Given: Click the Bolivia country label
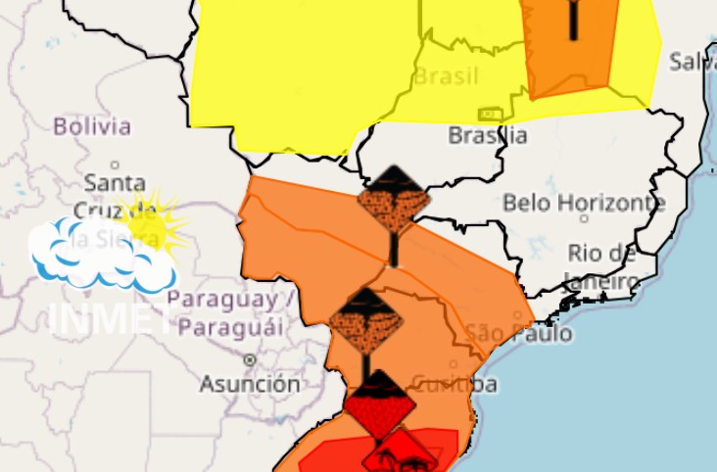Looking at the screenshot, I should point(92,126).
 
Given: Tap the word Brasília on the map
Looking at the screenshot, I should point(488,135).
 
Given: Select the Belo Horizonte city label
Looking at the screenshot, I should point(584,204).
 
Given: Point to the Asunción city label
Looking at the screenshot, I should point(250,383).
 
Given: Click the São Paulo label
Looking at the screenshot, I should point(519,333).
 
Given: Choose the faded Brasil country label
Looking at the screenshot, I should point(446,76).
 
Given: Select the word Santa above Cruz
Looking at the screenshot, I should point(115,183).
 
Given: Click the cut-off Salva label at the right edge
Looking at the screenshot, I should point(693,62).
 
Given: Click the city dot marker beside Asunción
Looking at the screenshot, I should point(249,359).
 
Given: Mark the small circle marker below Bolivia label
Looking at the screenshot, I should point(115,164).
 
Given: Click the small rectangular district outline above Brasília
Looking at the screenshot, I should point(490,115).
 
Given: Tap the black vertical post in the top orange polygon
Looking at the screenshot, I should point(573,20).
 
